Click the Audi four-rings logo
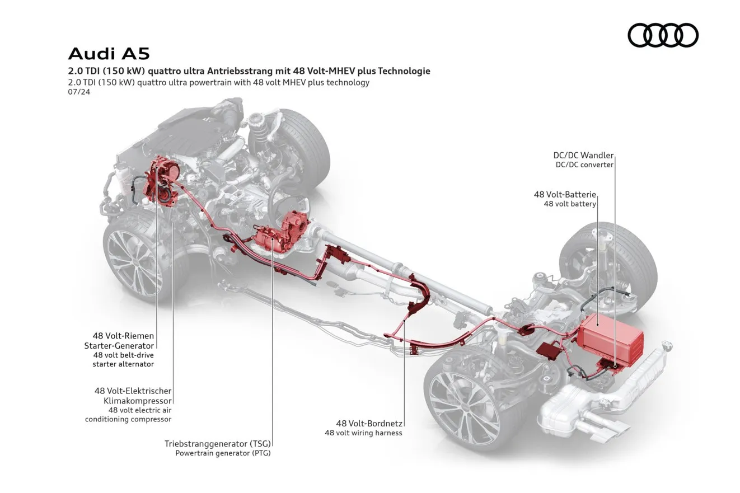pos(663,35)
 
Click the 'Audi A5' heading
pos(109,54)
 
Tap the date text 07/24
pos(79,92)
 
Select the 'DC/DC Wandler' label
pos(583,155)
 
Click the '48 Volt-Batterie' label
pos(565,194)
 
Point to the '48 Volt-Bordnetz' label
pos(369,423)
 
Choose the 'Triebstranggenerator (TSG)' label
pos(218,443)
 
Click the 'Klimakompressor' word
pos(138,401)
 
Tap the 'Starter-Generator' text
pos(119,346)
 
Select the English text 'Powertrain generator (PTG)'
pos(223,453)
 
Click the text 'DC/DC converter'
pos(584,165)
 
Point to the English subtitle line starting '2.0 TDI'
pos(219,82)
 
